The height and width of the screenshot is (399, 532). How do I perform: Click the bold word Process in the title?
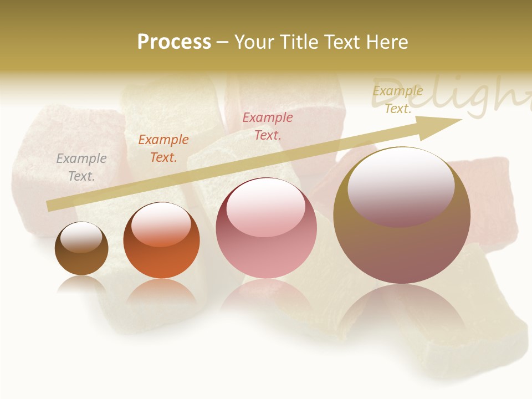174,42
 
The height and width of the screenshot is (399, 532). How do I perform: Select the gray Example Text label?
81,167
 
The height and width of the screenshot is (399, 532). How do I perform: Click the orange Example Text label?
163,148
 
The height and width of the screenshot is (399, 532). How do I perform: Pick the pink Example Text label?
268,126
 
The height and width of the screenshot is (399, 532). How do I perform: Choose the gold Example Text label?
398,100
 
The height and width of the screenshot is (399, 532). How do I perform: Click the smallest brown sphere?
81,249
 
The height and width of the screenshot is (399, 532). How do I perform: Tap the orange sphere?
161,241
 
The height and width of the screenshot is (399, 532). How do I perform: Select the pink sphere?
266,228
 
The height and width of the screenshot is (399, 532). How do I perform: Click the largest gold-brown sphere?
402,216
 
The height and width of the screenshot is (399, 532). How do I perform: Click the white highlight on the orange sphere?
161,223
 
